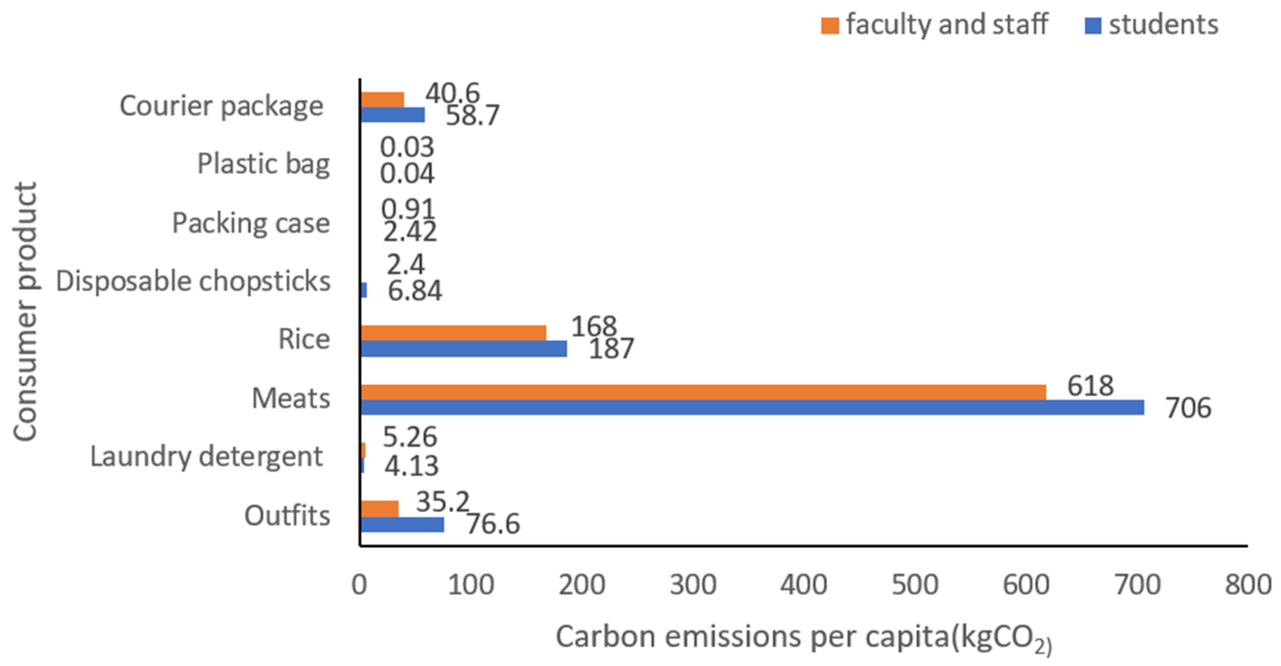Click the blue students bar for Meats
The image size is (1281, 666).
(752, 408)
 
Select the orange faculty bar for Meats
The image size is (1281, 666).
(703, 392)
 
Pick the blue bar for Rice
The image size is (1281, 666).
(463, 349)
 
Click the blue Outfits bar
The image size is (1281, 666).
(402, 524)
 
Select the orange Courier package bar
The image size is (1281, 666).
(382, 100)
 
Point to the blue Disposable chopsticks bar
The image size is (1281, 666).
(364, 290)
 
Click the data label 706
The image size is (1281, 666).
(1188, 408)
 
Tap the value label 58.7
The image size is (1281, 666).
(472, 116)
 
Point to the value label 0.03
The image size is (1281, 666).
(407, 147)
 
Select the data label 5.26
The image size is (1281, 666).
(410, 437)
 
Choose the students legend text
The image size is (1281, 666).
(1164, 24)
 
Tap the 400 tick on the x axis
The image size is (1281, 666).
(803, 585)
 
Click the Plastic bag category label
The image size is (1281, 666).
(263, 164)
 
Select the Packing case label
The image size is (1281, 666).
(251, 223)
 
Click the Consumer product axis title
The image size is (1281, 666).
(25, 312)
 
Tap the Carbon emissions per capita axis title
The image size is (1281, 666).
(803, 638)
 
